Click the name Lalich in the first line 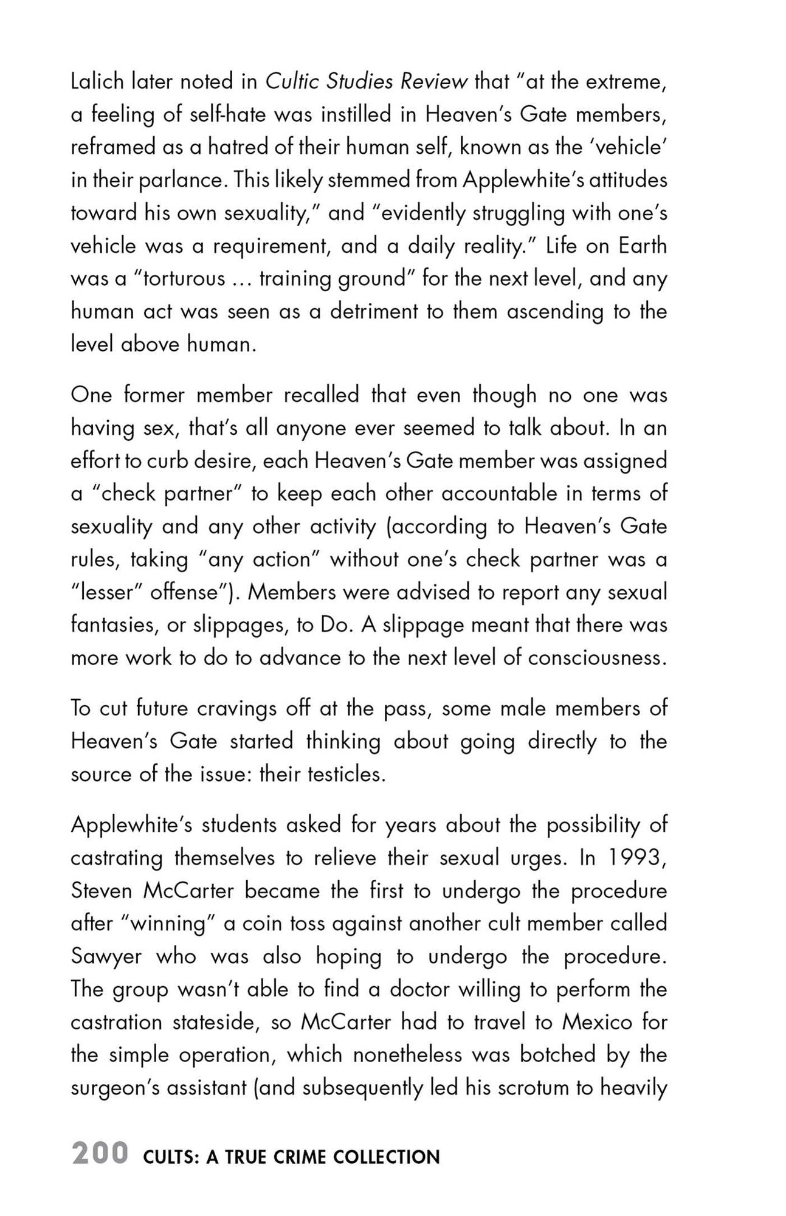97,81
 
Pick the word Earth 643,246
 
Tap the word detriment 374,312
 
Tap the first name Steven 102,891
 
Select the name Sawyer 106,957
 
